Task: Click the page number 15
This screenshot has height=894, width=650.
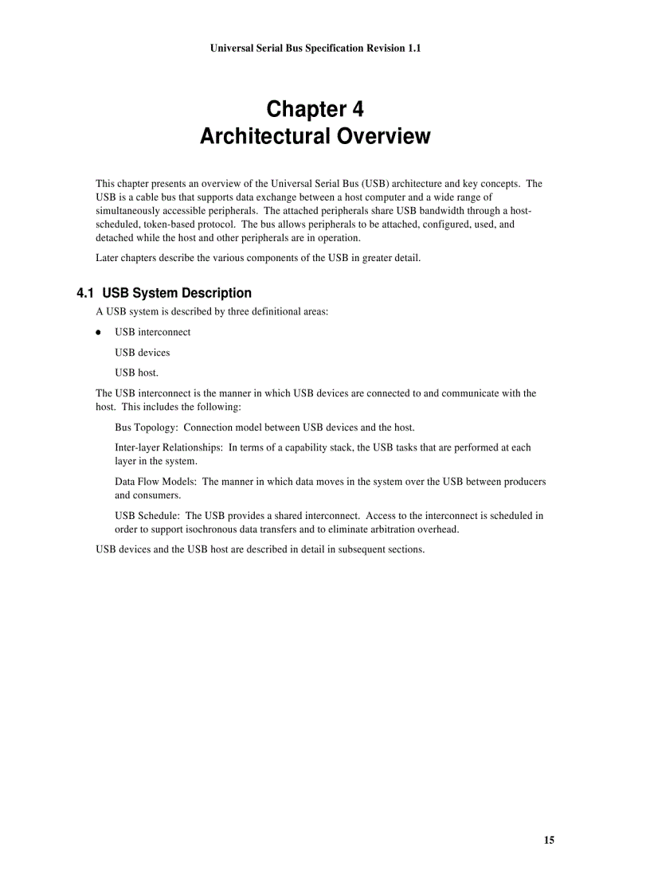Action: [549, 840]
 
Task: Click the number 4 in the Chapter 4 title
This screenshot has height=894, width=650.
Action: [358, 108]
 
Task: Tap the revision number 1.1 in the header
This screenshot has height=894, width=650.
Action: [412, 49]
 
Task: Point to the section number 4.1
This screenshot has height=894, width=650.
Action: [86, 293]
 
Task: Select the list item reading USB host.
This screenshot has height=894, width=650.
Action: [136, 373]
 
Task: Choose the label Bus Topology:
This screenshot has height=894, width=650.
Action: [147, 427]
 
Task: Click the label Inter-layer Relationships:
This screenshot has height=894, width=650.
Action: [169, 447]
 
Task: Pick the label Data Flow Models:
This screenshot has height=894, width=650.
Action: [156, 482]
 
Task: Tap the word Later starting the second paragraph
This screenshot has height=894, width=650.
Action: [108, 258]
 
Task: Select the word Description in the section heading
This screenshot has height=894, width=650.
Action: [217, 293]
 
